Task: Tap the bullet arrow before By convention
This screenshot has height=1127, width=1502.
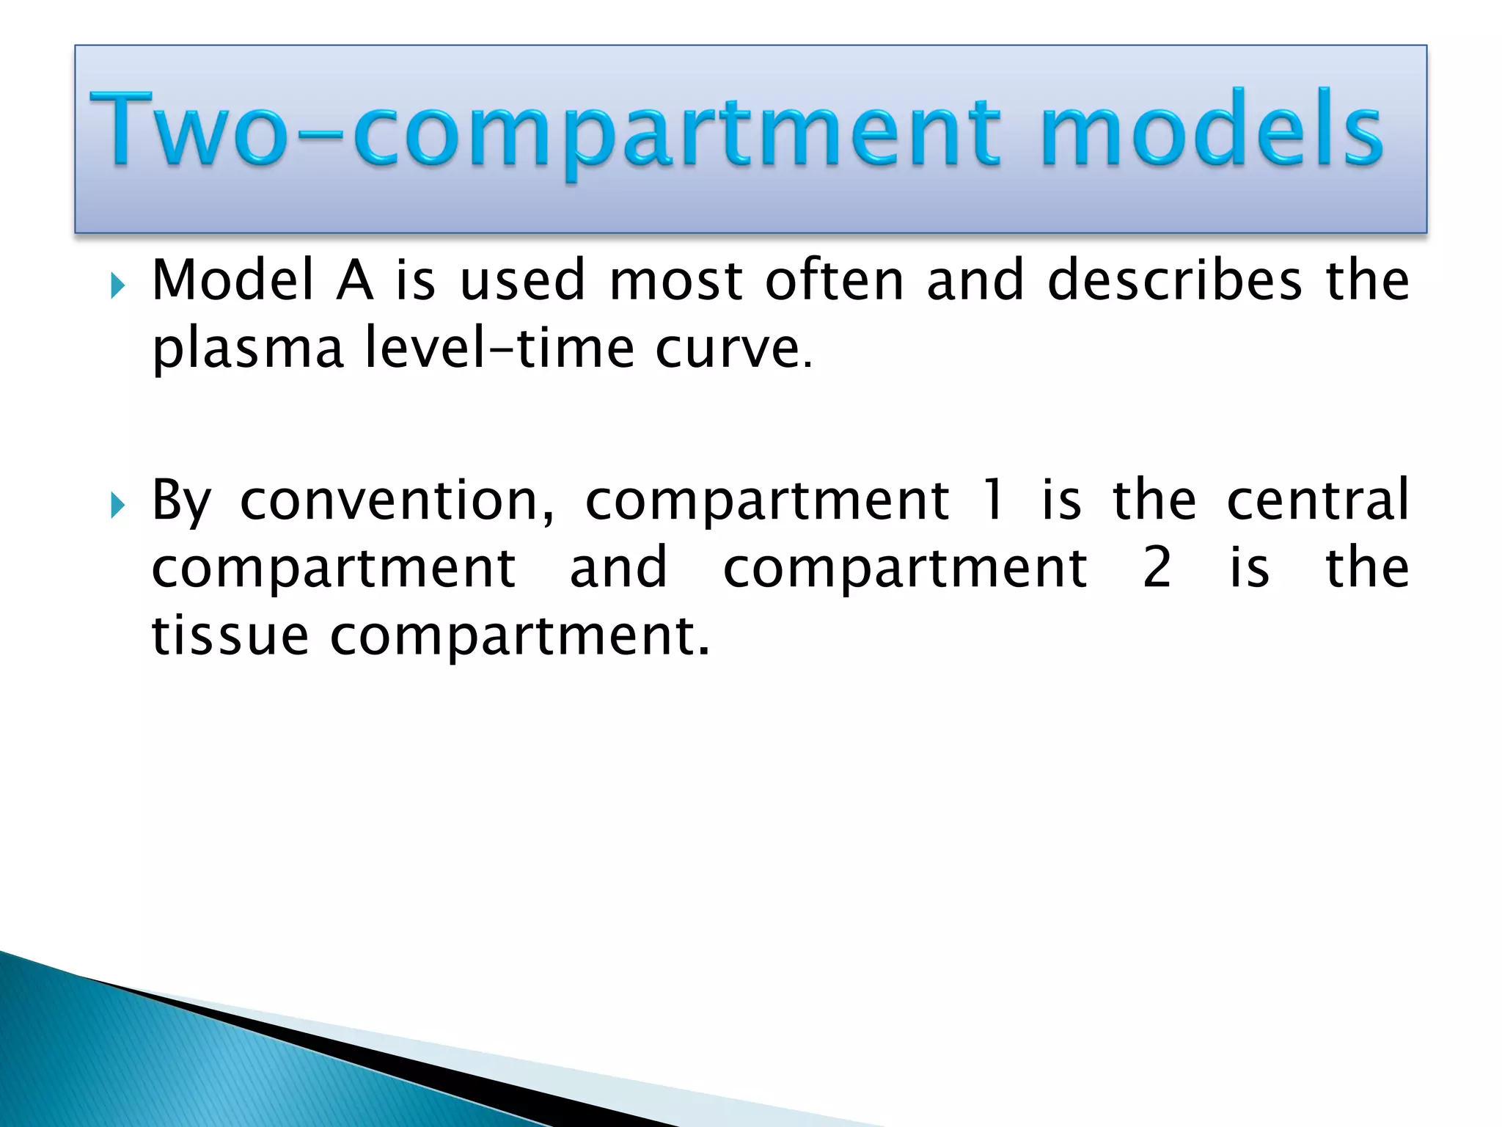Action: coord(117,505)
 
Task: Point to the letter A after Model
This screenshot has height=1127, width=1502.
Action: coord(354,280)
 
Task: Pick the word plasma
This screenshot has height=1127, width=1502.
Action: coord(247,349)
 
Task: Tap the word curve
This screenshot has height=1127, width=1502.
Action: coord(727,349)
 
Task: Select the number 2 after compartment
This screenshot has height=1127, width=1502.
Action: coord(1157,568)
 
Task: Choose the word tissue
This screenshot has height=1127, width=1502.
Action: coord(230,635)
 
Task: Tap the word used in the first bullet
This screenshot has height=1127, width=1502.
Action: coord(523,280)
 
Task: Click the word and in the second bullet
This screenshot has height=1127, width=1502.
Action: coord(618,568)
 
